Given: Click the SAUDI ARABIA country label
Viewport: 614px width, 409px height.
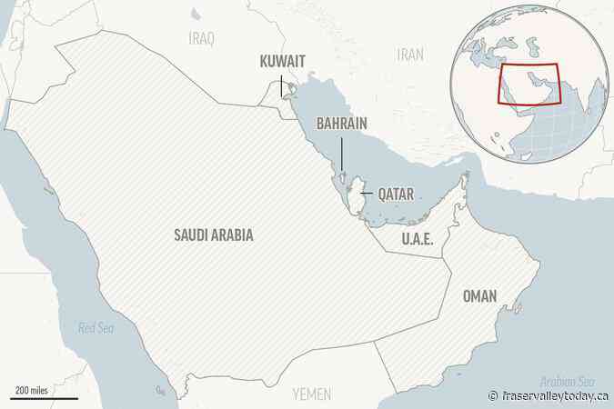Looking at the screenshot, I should click(x=213, y=235).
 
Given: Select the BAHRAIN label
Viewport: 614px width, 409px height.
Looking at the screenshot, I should click(x=342, y=123).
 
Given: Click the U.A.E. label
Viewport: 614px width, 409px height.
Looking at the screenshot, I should click(x=417, y=238).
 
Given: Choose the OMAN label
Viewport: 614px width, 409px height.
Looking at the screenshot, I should click(x=478, y=271).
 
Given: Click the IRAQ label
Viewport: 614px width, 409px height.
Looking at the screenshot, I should click(x=200, y=39).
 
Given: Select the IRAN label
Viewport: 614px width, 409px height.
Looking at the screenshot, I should click(x=410, y=55).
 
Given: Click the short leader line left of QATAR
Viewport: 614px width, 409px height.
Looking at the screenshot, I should click(x=366, y=194).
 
